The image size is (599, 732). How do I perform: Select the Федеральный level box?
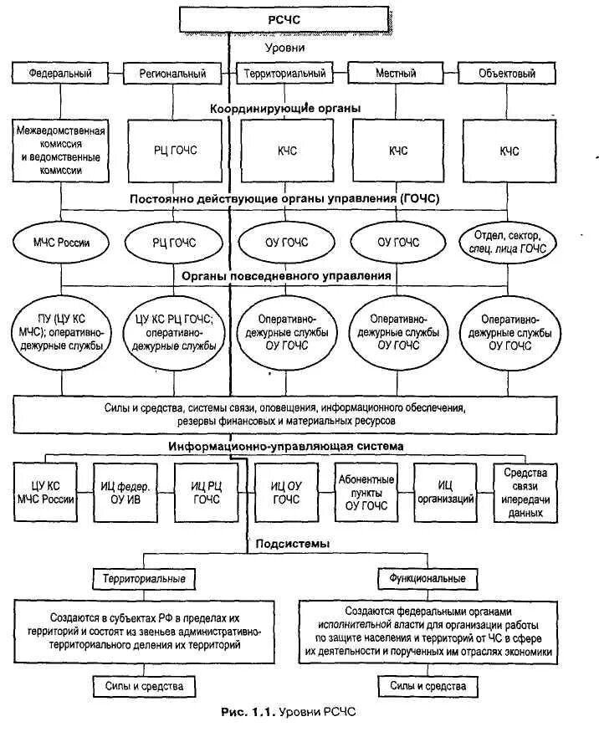[x=59, y=73]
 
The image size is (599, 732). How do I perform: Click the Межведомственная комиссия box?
[x=62, y=151]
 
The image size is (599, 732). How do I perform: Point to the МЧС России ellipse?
[x=62, y=243]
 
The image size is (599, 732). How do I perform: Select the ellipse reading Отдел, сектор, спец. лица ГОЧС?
[x=508, y=243]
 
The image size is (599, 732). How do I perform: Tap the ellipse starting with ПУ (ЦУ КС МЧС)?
[x=62, y=332]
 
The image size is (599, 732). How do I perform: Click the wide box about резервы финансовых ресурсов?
[x=285, y=413]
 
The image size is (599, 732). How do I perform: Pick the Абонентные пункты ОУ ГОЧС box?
[x=365, y=493]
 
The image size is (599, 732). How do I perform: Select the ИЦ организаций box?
[x=444, y=493]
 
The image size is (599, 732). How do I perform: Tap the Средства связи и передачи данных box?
[x=525, y=493]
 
